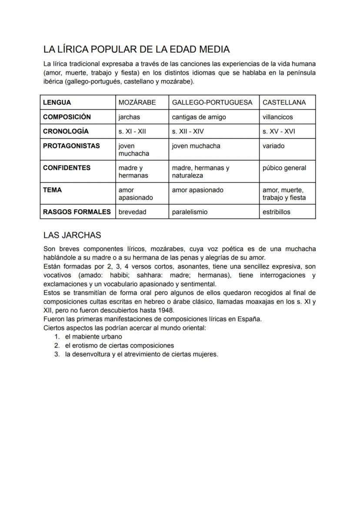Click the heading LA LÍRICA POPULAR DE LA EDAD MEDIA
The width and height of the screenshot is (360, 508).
137,49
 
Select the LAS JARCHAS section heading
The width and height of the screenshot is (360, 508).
72,235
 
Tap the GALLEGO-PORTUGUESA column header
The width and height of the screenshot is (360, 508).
212,103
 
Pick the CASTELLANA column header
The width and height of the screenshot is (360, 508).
284,103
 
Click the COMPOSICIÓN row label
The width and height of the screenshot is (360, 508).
67,117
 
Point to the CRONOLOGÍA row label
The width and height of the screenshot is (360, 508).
66,131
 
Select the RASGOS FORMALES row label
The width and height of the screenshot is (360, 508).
77,212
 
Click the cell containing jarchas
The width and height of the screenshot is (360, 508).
129,117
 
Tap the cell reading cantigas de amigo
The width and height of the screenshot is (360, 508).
199,117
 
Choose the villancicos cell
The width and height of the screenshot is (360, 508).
278,117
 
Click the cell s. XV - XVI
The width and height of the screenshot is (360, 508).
279,131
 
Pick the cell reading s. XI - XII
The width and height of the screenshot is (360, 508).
132,131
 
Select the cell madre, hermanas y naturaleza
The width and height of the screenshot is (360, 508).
200,172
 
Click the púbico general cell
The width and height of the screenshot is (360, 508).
284,168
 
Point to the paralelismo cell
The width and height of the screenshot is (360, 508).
190,212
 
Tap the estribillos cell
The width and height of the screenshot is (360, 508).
277,212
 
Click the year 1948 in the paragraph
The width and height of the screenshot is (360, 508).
166,310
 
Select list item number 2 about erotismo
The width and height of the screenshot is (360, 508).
119,345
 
